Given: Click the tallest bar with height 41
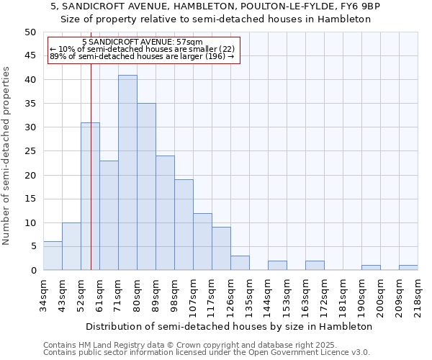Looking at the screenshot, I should [x=127, y=173].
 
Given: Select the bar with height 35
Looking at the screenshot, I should [x=146, y=186].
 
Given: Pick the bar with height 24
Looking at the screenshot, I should [x=165, y=213].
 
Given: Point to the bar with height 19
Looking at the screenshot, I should [x=184, y=225].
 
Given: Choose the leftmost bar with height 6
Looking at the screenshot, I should [x=53, y=256].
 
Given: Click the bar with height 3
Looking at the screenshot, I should [x=240, y=263].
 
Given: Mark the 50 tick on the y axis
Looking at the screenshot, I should [x=30, y=32].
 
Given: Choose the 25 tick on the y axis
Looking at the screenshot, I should [x=30, y=151].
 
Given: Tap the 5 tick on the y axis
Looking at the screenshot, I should [x=33, y=246].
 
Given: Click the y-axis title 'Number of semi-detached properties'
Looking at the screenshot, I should [x=7, y=156].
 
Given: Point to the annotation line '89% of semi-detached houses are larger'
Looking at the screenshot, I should [x=142, y=56].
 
